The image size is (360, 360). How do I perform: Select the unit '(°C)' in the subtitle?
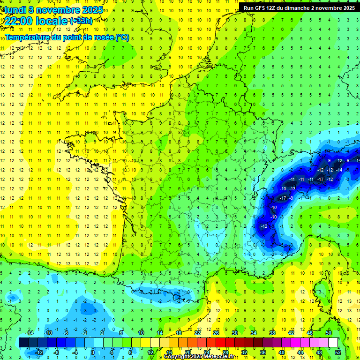coord(122,37)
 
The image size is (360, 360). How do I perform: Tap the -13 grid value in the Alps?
coord(292,188)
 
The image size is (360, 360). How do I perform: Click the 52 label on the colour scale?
coord(337,352)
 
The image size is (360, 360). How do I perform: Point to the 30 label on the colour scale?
coord(234,333)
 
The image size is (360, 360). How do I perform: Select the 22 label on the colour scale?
coord(197,333)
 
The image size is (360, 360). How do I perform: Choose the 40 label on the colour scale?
coord(281,352)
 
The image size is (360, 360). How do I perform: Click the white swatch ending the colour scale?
coord(333,343)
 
